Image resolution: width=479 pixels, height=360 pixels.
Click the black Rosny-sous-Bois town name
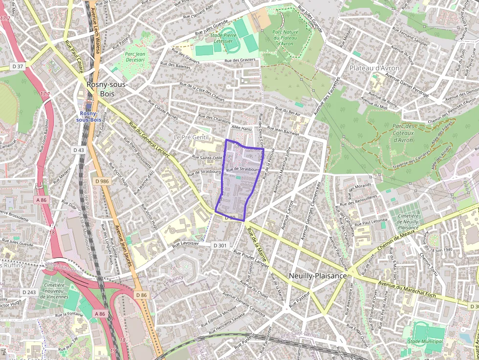click(107, 88)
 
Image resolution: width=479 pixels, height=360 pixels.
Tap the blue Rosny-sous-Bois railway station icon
click(88, 105)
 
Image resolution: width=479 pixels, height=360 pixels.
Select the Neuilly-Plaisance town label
click(317, 275)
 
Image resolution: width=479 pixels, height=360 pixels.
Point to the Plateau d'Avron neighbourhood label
click(374, 68)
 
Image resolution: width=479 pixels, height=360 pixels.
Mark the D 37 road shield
click(18, 66)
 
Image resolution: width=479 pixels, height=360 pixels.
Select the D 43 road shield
click(79, 149)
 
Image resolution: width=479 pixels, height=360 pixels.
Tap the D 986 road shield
click(103, 181)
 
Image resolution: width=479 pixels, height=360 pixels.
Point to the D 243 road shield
click(29, 292)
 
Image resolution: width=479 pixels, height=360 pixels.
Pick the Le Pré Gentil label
click(191, 137)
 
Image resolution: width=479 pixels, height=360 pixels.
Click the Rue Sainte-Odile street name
click(208, 157)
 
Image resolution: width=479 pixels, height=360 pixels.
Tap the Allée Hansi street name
click(241, 127)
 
